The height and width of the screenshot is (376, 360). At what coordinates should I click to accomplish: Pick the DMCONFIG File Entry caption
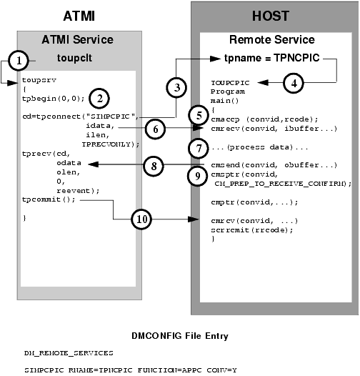(x=180, y=335)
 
